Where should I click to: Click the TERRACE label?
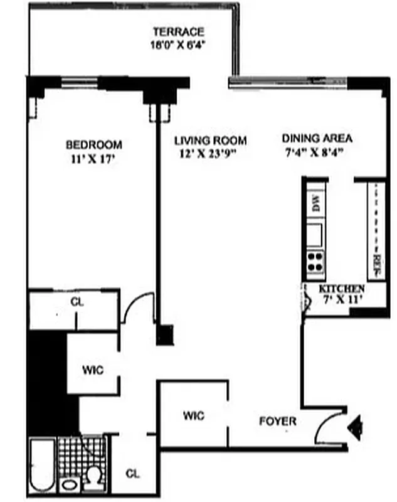click(179, 32)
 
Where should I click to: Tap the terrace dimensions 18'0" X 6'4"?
click(179, 45)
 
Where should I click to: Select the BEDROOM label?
click(94, 145)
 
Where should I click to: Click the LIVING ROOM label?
click(210, 141)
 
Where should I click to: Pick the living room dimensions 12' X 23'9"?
click(210, 152)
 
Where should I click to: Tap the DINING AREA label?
click(316, 139)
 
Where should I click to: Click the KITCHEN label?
click(342, 288)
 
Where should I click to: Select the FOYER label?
click(278, 422)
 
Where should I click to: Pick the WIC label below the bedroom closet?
click(93, 370)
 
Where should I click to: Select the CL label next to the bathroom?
click(132, 473)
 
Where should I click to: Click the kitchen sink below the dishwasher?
click(315, 234)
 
